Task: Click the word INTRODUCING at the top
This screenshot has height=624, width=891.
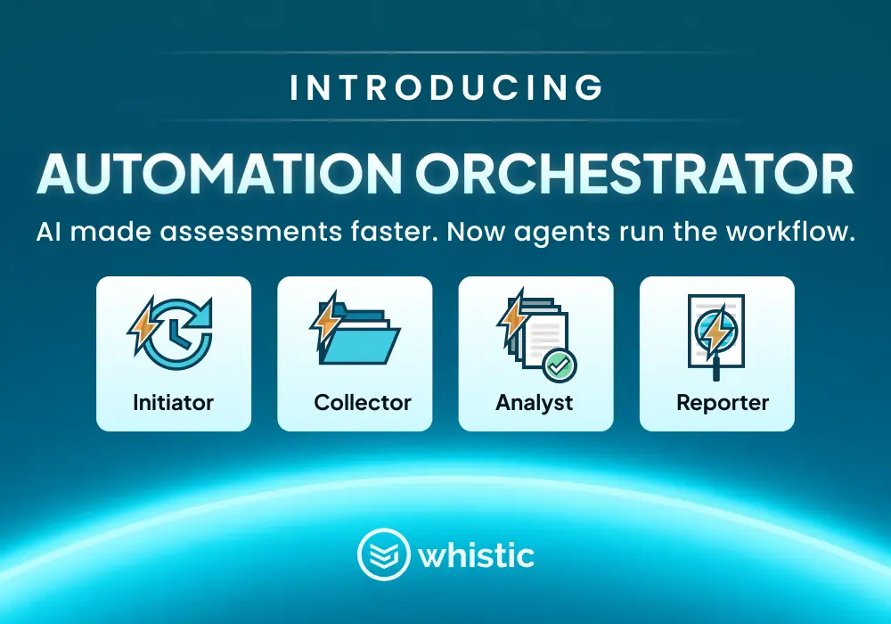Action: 446,87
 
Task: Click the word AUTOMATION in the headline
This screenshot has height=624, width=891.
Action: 219,173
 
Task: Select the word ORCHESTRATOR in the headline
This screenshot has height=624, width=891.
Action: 634,173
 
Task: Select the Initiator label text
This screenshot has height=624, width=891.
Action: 174,402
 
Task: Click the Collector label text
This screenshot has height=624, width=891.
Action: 363,402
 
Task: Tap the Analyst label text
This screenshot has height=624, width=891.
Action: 535,403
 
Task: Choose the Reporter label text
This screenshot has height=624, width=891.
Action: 723,403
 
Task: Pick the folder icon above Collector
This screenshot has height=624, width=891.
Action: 359,336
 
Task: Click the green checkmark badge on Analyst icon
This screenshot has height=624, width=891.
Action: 560,365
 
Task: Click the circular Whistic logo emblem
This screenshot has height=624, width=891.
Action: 383,554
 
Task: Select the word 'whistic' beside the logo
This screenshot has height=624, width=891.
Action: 476,555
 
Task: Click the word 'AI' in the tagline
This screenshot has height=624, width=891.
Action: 49,232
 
